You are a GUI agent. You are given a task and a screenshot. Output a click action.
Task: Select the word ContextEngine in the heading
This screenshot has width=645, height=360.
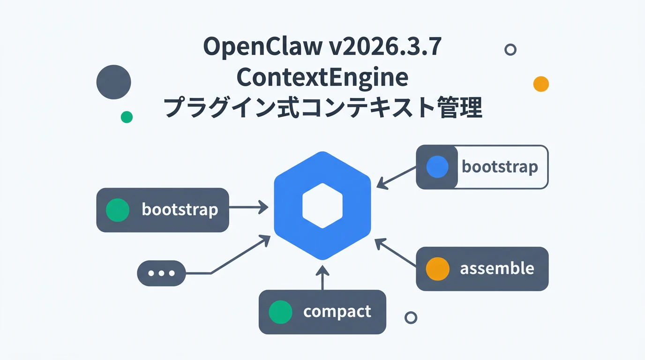point(322,77)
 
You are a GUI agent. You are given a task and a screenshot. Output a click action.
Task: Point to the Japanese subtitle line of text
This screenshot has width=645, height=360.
point(322,108)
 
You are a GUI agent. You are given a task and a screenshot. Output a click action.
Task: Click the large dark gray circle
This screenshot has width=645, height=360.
point(113,82)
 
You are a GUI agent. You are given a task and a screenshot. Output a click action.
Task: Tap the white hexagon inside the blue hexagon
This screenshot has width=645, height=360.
point(322,206)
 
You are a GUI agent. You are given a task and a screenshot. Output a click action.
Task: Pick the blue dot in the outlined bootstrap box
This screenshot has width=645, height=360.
point(438,167)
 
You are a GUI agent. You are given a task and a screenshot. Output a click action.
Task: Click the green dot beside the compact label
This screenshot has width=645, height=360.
point(281,312)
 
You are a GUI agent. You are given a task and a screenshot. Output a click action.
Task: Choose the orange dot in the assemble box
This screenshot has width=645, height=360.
point(437,269)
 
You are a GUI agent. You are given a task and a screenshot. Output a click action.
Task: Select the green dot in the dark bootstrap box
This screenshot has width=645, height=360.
point(117,210)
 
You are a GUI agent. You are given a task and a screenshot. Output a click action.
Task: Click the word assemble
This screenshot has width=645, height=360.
point(497,269)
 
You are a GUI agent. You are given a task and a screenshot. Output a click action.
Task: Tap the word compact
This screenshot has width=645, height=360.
point(337,312)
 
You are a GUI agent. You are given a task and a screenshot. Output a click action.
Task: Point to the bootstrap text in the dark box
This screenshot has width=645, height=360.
point(180,210)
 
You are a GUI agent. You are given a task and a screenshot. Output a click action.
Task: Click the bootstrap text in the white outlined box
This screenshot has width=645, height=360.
point(500,167)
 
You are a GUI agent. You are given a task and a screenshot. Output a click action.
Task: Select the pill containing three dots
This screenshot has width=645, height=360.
point(161,273)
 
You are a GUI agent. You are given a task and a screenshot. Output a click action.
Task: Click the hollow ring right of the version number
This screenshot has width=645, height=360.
point(510,49)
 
